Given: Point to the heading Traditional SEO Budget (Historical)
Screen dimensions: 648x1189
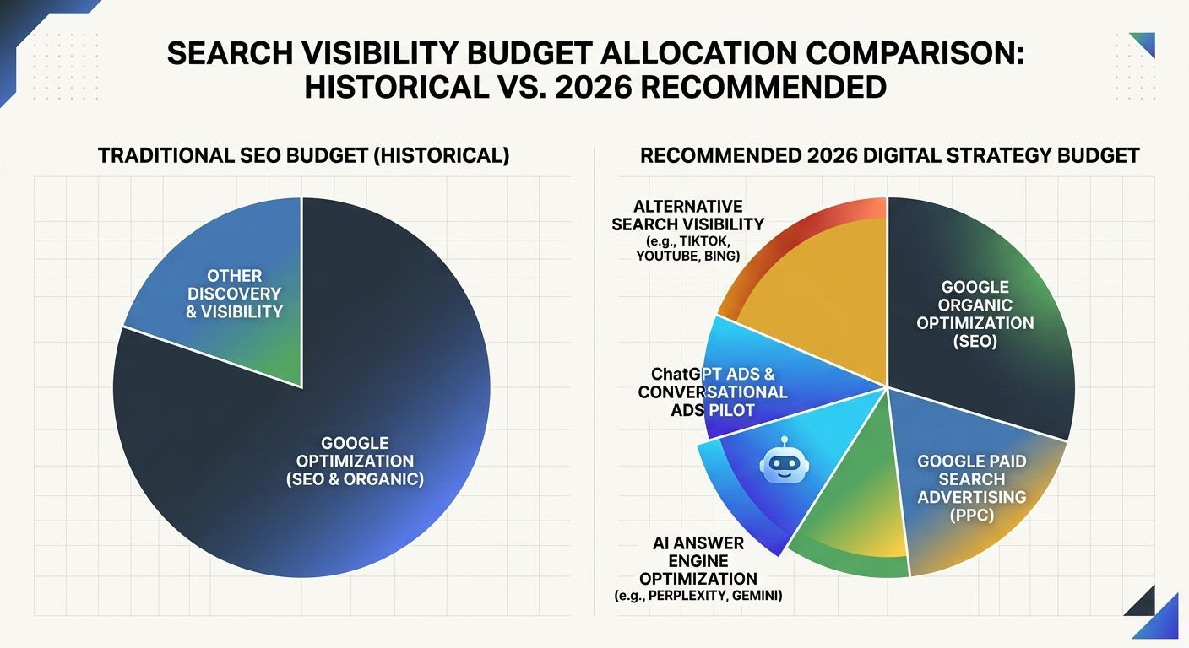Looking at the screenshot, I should click(x=303, y=156).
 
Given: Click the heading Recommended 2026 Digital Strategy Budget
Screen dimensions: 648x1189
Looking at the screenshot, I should click(x=890, y=156).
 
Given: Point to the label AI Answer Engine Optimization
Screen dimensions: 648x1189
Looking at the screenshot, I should click(x=698, y=560).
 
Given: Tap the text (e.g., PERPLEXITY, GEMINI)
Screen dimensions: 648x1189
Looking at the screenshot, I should click(x=698, y=597).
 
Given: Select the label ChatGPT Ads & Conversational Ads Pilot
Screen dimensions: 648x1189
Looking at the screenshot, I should click(x=713, y=391).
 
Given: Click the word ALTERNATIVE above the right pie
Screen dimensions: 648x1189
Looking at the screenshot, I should click(x=688, y=207).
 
